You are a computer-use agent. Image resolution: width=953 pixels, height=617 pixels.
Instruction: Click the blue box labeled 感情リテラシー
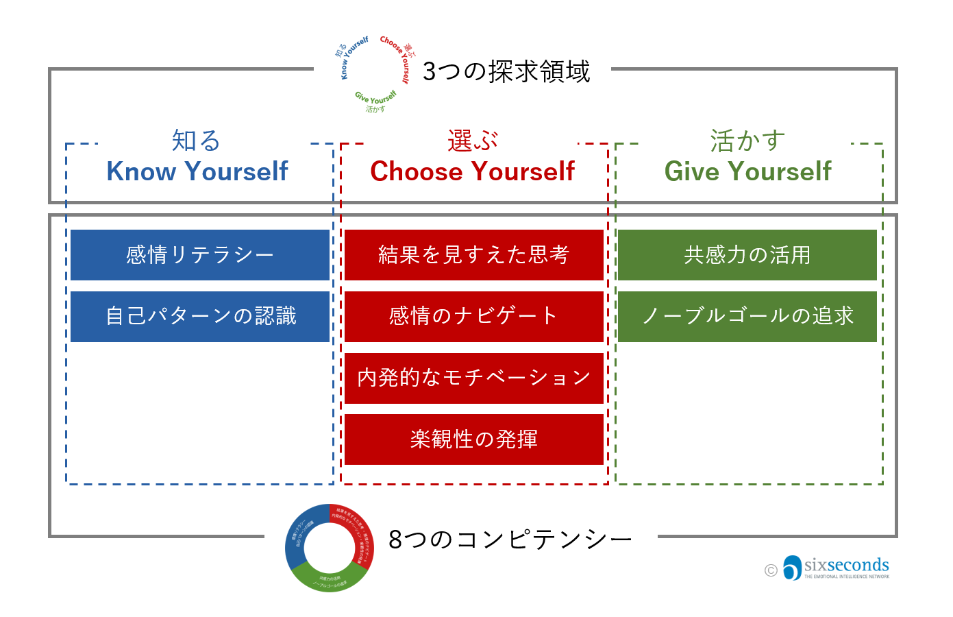click(200, 255)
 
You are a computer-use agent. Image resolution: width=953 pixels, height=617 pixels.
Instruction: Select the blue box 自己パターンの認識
click(200, 316)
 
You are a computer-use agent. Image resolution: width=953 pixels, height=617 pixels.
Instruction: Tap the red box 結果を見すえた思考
click(473, 255)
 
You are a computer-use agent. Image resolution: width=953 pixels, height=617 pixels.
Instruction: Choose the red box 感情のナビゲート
click(473, 316)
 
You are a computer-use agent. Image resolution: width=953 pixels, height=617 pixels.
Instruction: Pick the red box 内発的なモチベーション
click(473, 378)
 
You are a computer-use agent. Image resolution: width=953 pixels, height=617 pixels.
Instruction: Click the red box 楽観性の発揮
click(473, 439)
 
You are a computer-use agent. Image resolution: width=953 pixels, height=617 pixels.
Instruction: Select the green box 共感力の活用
click(747, 255)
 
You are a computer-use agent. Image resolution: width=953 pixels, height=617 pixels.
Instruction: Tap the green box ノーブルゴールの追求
click(747, 316)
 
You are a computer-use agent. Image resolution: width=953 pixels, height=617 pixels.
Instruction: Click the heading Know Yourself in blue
click(197, 171)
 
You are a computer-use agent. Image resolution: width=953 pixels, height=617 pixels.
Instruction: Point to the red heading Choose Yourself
click(472, 171)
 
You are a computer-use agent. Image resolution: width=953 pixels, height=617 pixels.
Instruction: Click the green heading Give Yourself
click(747, 171)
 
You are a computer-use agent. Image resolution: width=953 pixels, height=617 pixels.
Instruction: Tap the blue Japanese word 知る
click(196, 141)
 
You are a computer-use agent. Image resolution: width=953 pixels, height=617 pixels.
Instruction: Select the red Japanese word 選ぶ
click(472, 141)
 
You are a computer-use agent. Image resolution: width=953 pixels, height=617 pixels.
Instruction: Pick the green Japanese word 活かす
click(747, 141)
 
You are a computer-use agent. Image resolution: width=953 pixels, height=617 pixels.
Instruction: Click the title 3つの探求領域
click(506, 71)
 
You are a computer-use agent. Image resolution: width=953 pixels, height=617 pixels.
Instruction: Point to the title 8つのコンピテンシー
click(510, 540)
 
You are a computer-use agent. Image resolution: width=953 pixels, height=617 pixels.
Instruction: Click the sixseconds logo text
click(846, 565)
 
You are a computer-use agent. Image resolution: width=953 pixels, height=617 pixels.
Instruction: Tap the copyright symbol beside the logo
click(771, 570)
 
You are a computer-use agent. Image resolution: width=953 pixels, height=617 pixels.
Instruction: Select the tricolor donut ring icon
click(330, 548)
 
